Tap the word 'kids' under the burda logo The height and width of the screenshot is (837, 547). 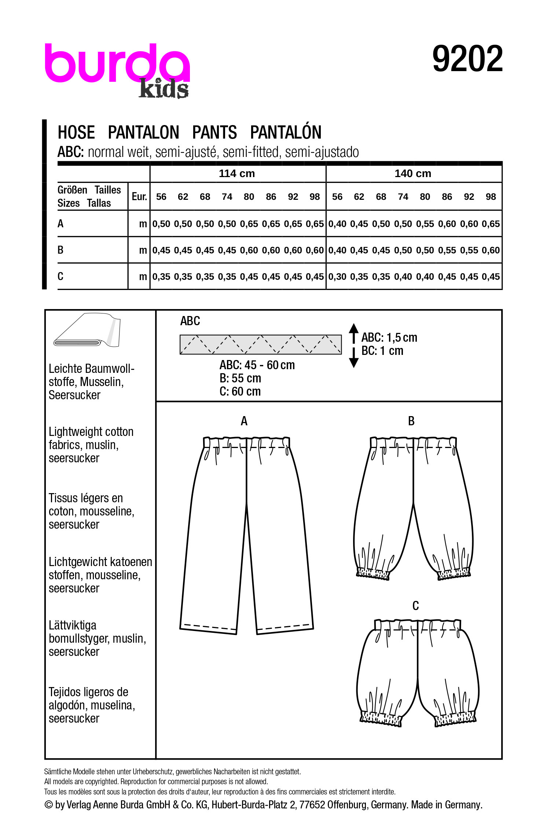pos(164,89)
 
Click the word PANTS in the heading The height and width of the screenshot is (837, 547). pos(214,132)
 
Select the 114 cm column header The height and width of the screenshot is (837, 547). pos(237,173)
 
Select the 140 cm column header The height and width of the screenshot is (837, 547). pos(413,173)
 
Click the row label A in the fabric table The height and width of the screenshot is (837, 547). pos(60,223)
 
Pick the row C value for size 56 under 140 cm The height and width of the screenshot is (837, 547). pos(337,277)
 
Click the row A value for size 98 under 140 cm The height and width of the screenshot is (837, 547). pos(491,224)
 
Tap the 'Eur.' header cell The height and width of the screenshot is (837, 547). pos(139,197)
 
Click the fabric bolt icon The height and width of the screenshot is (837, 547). pos(87,330)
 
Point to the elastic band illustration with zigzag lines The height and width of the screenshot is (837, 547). pos(260,344)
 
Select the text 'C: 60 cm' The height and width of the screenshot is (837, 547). pos(240,392)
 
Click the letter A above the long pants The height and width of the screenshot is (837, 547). pos(244,421)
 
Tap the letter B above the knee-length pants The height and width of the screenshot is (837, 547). pos(411,421)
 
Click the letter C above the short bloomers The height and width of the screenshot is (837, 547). pos(415,606)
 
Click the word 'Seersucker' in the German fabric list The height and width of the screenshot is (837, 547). pos(74,395)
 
